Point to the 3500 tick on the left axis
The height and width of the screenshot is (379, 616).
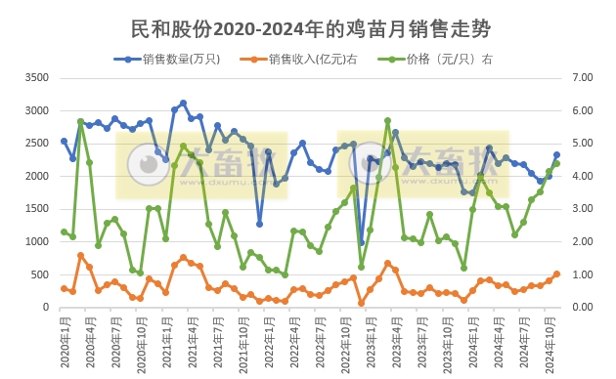point(34,77)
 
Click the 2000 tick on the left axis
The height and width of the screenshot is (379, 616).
point(34,176)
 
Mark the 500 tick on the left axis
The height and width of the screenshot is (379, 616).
point(38,274)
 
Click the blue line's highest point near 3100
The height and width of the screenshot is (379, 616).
point(183,103)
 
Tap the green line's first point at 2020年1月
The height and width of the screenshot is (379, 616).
point(64,232)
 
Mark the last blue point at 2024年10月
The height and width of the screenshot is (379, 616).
point(556,154)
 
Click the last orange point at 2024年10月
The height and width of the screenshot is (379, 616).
point(556,274)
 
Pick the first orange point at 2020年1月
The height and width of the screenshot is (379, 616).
point(64,288)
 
